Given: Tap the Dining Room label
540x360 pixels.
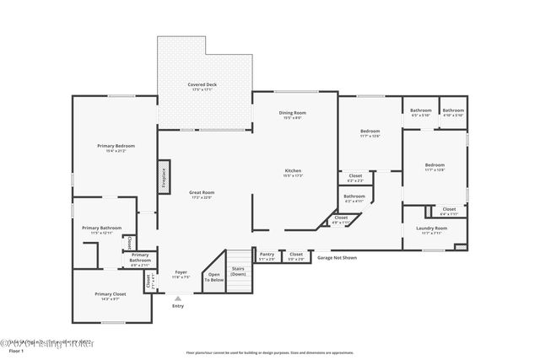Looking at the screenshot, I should pyautogui.click(x=293, y=112).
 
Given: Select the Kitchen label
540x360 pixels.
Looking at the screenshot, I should pyautogui.click(x=293, y=170).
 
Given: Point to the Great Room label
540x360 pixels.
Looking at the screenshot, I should pyautogui.click(x=202, y=192).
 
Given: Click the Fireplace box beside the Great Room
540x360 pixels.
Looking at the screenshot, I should pyautogui.click(x=164, y=180).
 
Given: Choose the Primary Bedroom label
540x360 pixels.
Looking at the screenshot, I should pyautogui.click(x=116, y=146).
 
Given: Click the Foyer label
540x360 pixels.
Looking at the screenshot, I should pyautogui.click(x=181, y=272).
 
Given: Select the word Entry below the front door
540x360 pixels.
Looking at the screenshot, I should pyautogui.click(x=178, y=306).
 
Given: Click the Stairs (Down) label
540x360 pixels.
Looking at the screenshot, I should pyautogui.click(x=239, y=271).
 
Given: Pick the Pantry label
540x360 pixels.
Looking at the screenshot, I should pyautogui.click(x=267, y=253).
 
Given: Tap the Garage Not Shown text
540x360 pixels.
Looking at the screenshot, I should pyautogui.click(x=337, y=258).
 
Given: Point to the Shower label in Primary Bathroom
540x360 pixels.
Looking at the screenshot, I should pyautogui.click(x=129, y=242).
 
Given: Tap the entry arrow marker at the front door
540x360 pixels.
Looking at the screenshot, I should pyautogui.click(x=177, y=298).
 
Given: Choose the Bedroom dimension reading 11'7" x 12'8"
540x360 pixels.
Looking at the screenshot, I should pyautogui.click(x=435, y=170).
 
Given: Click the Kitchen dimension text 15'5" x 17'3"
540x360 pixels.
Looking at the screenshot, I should pyautogui.click(x=293, y=175).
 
